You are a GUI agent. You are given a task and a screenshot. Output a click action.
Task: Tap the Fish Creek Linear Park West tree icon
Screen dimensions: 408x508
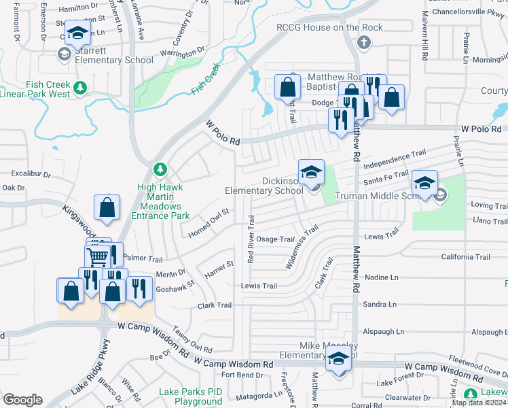point(80,87)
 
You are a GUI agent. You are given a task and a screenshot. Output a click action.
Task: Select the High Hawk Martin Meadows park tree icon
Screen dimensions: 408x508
point(160,169)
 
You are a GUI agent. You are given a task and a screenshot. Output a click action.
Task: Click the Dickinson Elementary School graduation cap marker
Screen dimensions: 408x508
point(311,171)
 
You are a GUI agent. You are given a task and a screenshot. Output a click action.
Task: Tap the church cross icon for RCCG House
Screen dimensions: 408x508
point(363,43)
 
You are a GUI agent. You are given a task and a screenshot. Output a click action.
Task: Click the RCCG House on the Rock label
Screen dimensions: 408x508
point(329,28)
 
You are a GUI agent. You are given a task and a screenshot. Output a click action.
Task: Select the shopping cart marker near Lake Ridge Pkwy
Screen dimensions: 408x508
point(97,257)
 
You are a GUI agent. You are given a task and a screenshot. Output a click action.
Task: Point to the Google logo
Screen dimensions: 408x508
point(22,400)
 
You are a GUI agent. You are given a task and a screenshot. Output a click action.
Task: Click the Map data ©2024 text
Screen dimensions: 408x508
point(479,403)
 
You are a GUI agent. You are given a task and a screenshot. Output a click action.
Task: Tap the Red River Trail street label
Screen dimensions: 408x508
point(251,239)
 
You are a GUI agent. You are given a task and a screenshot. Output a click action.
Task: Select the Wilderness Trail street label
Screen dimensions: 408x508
point(302,248)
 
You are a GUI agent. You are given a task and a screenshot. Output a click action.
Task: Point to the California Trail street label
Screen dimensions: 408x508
point(465,257)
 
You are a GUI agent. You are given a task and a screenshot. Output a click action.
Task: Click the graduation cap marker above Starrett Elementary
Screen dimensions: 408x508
point(77,33)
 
